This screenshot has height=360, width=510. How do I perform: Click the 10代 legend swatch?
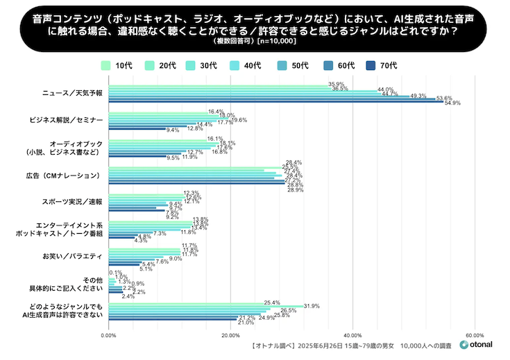pos(106,66)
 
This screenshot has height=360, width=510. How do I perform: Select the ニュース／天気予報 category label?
pos(72,93)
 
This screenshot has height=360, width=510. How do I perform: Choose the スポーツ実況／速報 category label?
pos(72,202)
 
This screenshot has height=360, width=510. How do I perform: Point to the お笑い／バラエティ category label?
pos(72,257)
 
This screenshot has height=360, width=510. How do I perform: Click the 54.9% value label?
pos(452,103)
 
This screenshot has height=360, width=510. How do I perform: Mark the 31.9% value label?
pos(312,306)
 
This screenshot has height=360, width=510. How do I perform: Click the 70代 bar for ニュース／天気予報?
pos(278,103)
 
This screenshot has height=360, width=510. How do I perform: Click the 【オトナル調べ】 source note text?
pos(270,345)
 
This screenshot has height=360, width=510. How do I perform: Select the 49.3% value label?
pos(418,96)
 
